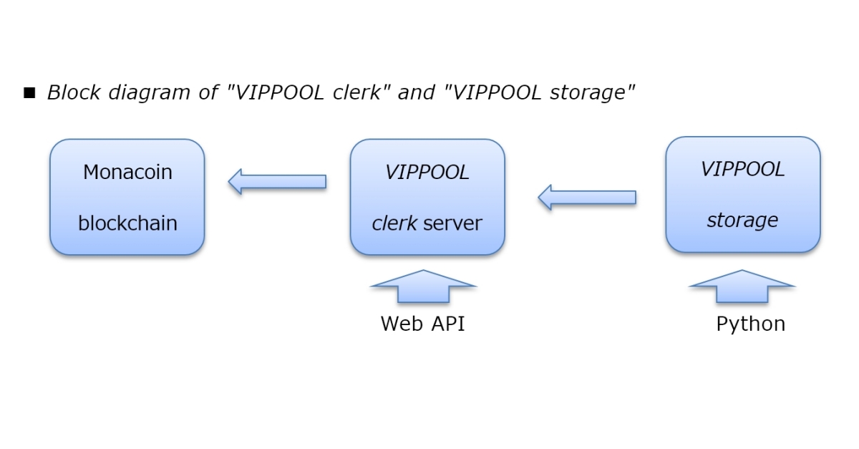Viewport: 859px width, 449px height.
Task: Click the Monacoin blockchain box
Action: (127, 197)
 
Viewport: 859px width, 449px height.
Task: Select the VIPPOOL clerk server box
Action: (427, 197)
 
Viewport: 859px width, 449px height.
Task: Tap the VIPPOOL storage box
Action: (742, 195)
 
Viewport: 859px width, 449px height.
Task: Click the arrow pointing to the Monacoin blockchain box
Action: (277, 181)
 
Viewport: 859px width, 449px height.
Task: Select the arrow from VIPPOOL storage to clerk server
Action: (586, 197)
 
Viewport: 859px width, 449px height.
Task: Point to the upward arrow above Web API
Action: (423, 286)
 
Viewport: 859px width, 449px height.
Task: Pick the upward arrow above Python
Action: (742, 286)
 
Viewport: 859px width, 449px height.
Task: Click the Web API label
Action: (422, 324)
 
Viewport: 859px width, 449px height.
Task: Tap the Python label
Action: (750, 324)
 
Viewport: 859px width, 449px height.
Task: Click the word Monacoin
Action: (127, 172)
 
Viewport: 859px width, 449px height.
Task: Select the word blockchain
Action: (127, 223)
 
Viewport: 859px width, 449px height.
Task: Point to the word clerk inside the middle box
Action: (394, 223)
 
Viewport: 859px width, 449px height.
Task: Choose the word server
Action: (452, 223)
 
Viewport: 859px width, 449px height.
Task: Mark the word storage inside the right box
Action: (742, 220)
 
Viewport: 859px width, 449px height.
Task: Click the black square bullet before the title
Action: (29, 93)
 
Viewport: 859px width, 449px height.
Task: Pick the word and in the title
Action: (415, 92)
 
